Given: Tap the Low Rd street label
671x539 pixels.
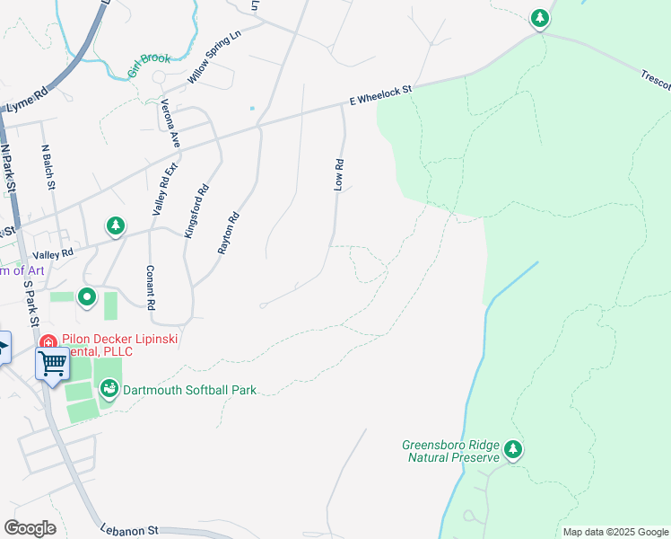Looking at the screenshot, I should [x=339, y=175].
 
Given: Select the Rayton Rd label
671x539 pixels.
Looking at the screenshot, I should [x=230, y=232].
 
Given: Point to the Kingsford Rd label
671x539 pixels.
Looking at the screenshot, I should [x=196, y=210].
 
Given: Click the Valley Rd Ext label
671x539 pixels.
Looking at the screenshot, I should [x=165, y=190].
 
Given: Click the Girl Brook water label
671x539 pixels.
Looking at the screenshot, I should [x=149, y=64].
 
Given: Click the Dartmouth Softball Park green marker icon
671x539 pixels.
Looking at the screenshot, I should [x=109, y=389].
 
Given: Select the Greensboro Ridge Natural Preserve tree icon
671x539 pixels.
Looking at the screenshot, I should [x=512, y=449].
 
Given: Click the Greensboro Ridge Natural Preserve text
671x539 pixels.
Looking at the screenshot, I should [x=450, y=451].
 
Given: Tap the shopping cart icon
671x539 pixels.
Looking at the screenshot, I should [x=52, y=364].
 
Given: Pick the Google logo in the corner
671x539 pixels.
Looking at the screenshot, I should [x=30, y=527].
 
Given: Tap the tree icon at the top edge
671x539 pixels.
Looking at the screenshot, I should [x=539, y=18].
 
